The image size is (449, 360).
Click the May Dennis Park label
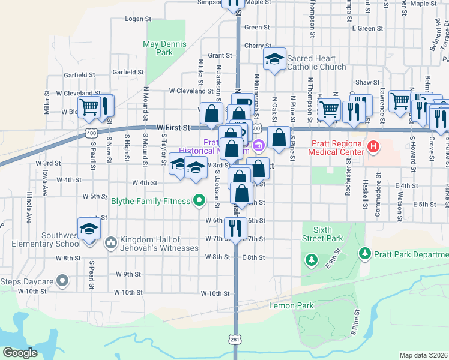(x=165, y=48)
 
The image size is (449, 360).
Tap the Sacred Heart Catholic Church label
(x=316, y=62)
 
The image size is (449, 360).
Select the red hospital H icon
(x=373, y=146)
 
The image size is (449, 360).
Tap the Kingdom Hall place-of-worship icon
(x=110, y=242)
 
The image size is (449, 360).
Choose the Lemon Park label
(x=292, y=305)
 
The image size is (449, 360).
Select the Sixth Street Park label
(x=323, y=234)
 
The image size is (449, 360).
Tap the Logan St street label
(x=138, y=19)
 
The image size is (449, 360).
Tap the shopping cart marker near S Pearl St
(x=89, y=107)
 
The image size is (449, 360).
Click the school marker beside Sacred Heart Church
(x=274, y=59)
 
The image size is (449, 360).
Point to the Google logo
(x=20, y=352)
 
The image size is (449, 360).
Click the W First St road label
(x=173, y=128)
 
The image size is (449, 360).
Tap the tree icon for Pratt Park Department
(x=364, y=254)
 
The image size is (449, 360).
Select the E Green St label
(x=367, y=28)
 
